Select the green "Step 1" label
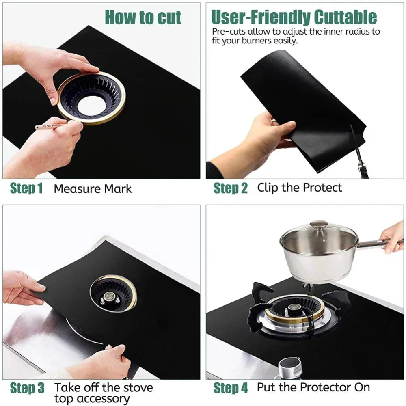(x=26, y=188)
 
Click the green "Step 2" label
(x=230, y=188)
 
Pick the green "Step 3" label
(x=27, y=388)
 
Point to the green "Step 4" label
(x=231, y=388)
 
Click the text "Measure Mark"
(x=93, y=189)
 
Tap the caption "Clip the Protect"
(x=300, y=188)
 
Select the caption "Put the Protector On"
(x=313, y=387)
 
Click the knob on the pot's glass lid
(x=318, y=225)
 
